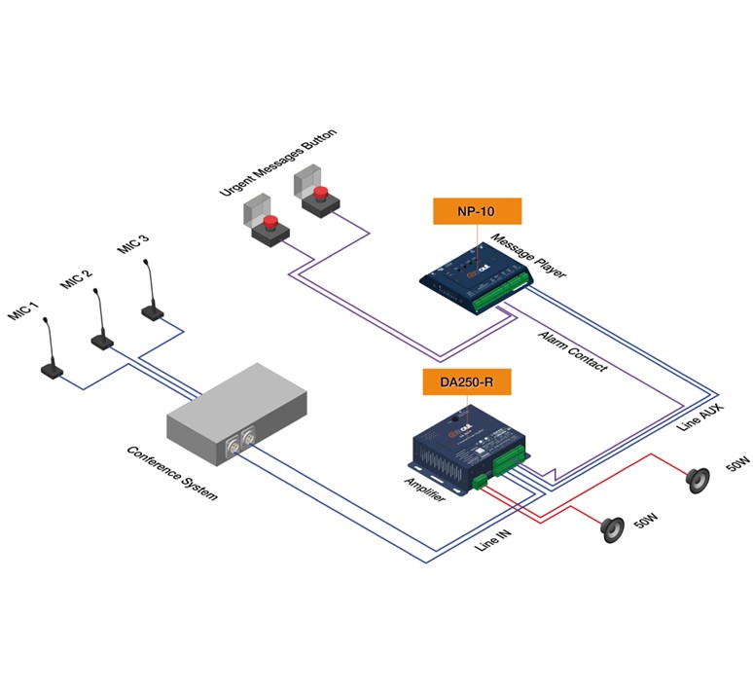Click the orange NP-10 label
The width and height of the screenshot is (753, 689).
[x=476, y=211]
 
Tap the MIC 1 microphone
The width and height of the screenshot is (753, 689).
[x=52, y=368]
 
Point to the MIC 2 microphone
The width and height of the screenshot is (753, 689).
[x=102, y=338]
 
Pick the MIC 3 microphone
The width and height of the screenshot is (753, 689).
[x=153, y=309]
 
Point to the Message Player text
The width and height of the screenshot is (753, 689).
[x=529, y=255]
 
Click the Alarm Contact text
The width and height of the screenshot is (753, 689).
[x=573, y=351]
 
